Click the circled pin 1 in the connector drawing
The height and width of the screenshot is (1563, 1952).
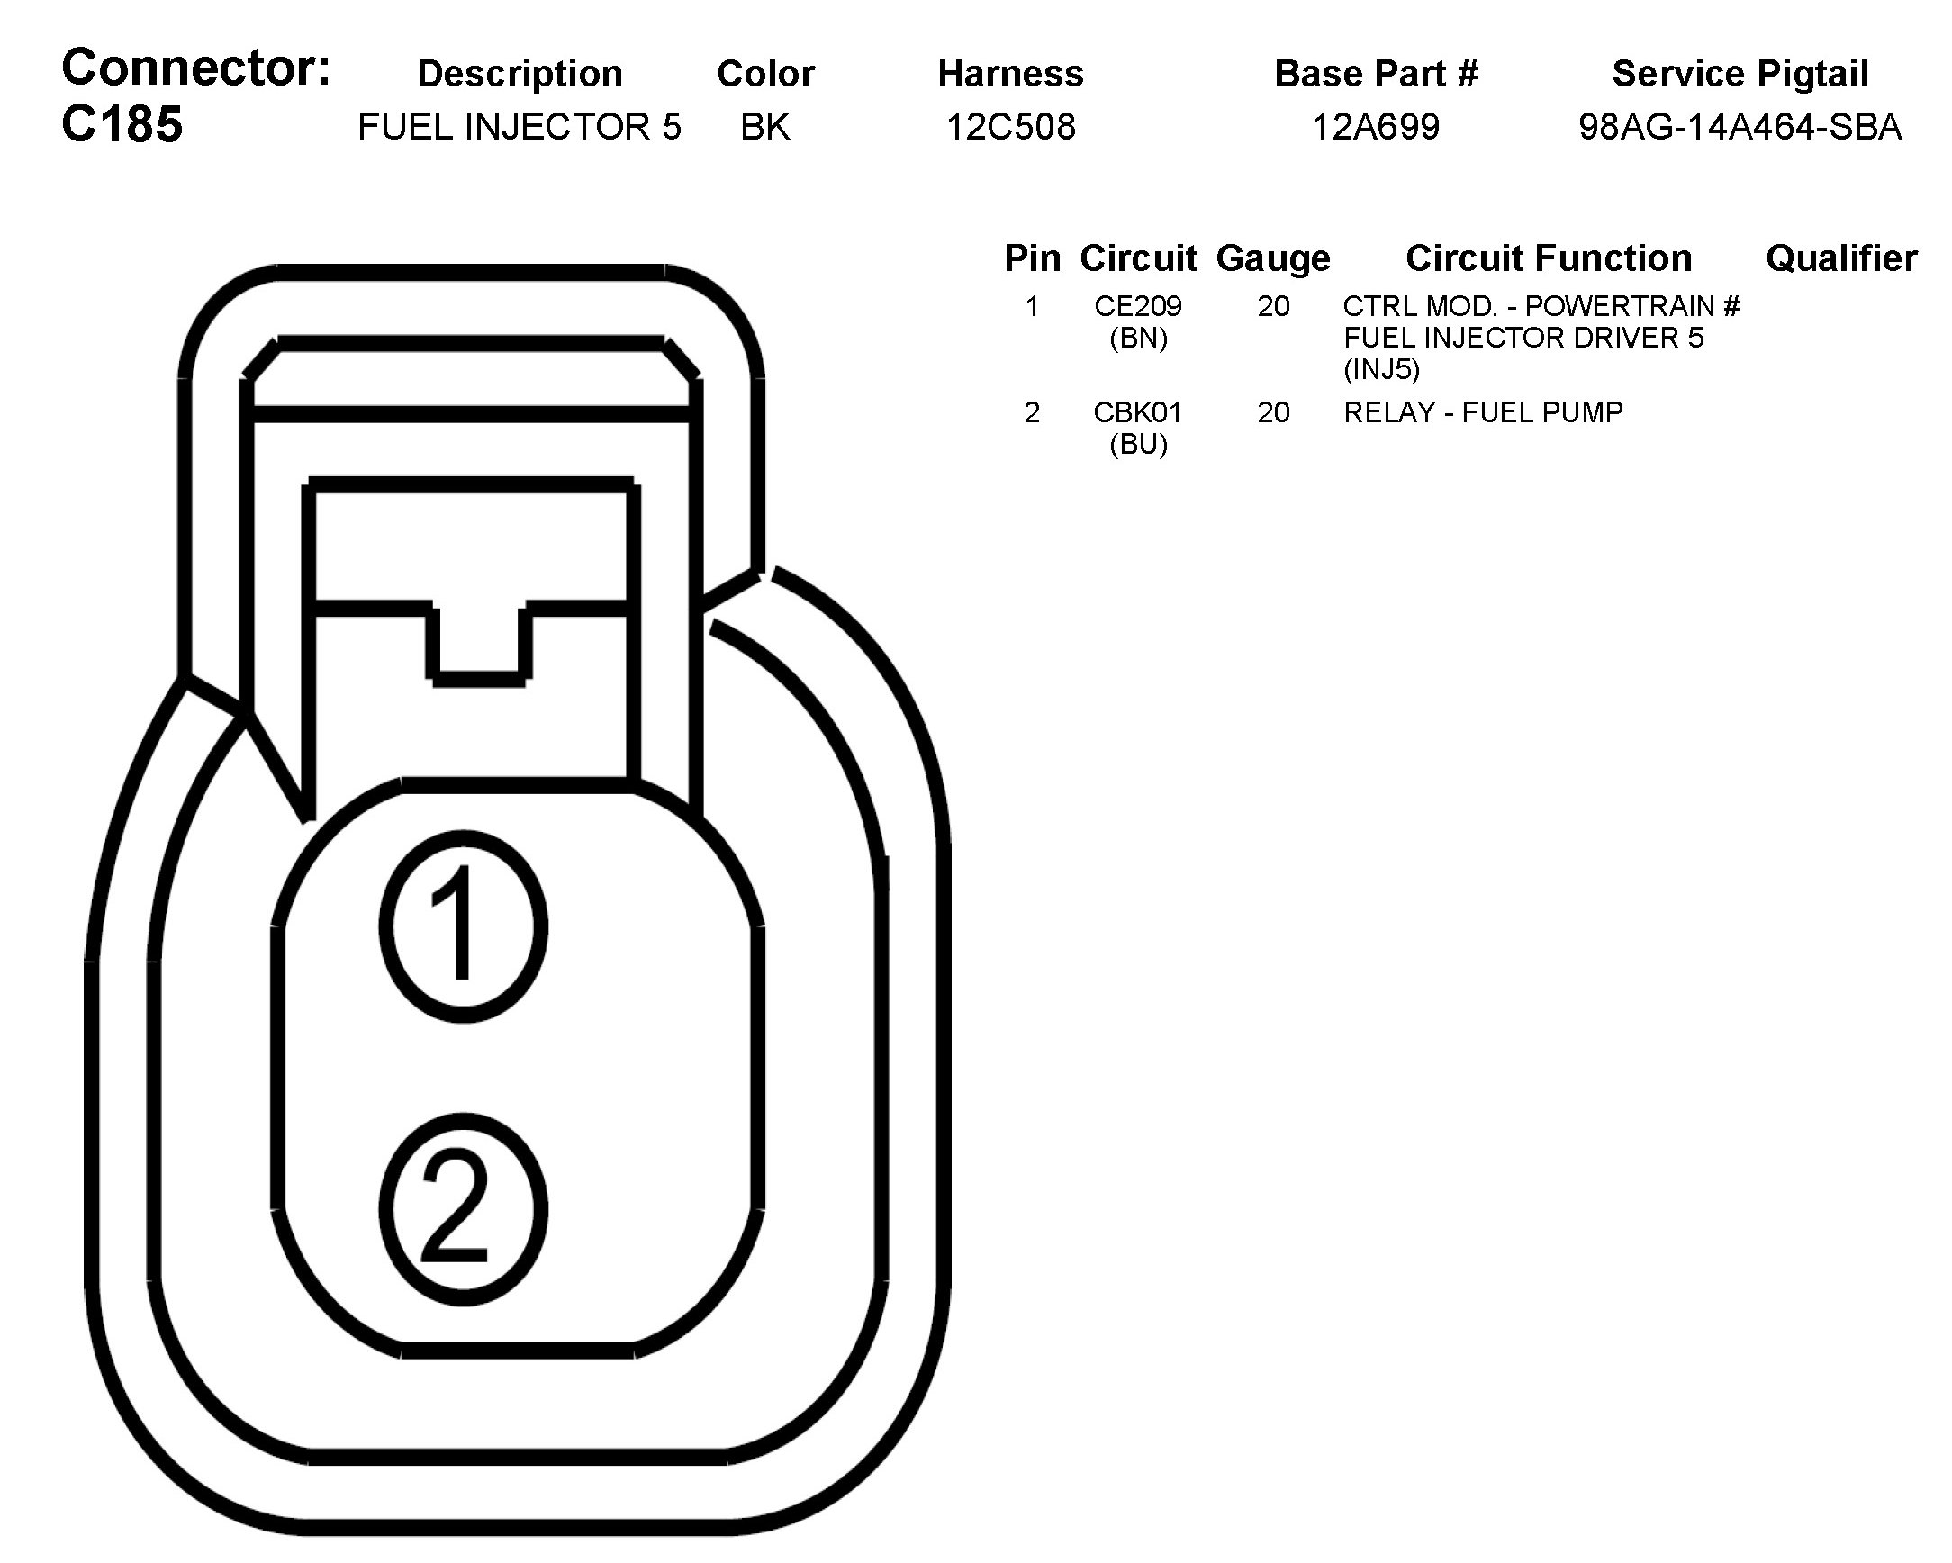463,926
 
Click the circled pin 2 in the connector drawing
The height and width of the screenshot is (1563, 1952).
463,1209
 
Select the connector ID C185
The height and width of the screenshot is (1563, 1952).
122,124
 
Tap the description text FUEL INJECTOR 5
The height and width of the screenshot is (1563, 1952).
519,127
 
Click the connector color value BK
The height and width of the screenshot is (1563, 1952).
765,127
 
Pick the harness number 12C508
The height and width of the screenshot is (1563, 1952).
1010,127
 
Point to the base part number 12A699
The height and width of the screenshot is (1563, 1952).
1375,127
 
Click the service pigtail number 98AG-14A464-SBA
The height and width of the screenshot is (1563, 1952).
1740,127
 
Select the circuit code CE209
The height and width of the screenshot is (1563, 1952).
1138,306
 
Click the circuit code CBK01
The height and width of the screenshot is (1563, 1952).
1138,412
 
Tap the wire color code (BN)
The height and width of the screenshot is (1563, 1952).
1138,338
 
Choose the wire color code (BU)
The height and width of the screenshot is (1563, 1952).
1138,444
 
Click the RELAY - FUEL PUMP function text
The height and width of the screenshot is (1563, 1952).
1483,412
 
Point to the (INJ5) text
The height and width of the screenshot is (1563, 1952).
1381,369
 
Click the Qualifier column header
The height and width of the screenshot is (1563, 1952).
1840,259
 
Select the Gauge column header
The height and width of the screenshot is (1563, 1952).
1273,259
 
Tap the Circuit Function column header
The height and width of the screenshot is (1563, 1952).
1549,259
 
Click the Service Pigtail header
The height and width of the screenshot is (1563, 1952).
1740,74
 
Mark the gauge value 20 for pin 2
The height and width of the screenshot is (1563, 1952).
1273,412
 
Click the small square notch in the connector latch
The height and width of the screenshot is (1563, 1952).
479,641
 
